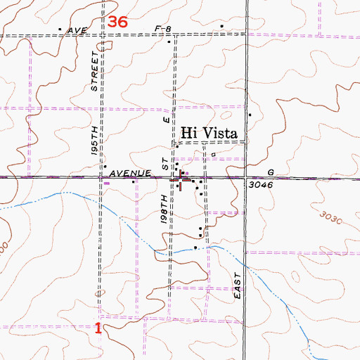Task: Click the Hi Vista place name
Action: pos(210,132)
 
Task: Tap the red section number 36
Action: pos(118,22)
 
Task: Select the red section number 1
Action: pos(98,328)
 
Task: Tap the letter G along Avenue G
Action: pos(271,172)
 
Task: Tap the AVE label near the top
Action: pos(77,30)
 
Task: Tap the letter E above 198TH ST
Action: pos(167,120)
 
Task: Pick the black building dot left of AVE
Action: pos(60,30)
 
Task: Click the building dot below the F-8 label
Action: pos(169,41)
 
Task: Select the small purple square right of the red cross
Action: pos(187,174)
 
